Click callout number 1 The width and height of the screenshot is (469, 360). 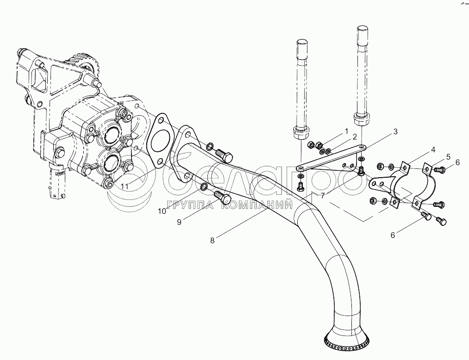[x=345, y=132]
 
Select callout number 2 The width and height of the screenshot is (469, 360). [x=354, y=137]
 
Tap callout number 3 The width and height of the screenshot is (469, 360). [x=395, y=131]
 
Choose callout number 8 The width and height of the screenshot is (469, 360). [x=212, y=240]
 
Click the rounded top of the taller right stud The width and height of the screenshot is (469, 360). [x=363, y=30]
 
